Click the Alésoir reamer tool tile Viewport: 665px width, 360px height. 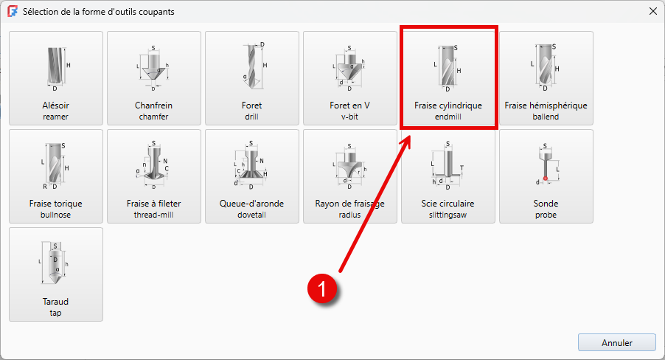point(56,78)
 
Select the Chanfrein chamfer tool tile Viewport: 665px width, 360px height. point(154,78)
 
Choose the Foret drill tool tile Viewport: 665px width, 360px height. point(252,78)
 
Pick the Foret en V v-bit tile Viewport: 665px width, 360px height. point(350,78)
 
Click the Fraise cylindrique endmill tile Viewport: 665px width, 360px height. point(448,78)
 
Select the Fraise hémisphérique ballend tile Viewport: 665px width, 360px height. point(546,78)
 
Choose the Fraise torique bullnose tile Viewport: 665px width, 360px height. point(56,176)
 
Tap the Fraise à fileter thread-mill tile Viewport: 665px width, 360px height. point(154,176)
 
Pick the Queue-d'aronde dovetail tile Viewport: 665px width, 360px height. point(252,176)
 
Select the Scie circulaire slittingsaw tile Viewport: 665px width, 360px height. point(448,176)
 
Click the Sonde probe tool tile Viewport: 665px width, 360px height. point(546,176)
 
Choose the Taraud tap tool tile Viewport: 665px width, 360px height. point(56,274)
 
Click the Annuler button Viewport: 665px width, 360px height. point(617,342)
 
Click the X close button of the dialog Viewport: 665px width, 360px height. point(653,12)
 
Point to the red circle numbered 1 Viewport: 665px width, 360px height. point(322,288)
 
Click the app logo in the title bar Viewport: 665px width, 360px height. point(13,12)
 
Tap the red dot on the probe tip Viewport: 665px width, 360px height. point(546,179)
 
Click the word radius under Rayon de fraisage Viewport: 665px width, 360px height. point(349,215)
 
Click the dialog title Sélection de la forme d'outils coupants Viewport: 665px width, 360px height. point(98,12)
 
